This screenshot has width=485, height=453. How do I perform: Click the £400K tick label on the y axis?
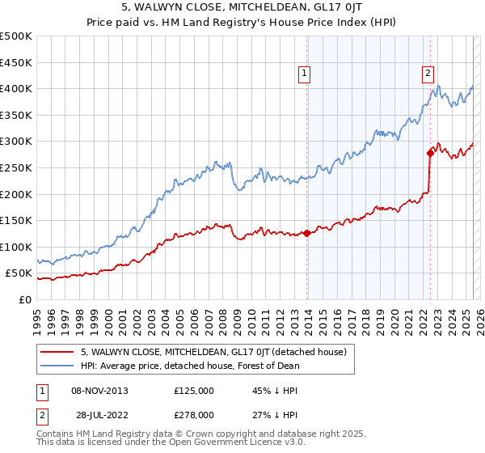16,88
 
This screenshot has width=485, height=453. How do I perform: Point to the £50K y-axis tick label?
19,273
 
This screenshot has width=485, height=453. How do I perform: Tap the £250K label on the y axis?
16,167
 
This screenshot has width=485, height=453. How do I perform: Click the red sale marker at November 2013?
307,234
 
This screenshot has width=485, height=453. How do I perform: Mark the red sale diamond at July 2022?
430,153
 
